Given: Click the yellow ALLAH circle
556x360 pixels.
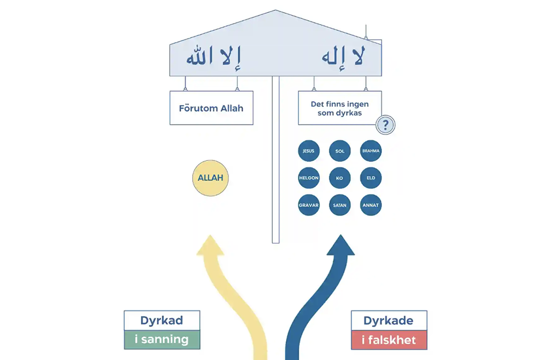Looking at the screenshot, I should pyautogui.click(x=211, y=178).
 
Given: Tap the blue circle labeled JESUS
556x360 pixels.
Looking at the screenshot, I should pyautogui.click(x=309, y=151).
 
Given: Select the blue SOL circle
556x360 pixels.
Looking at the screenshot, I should pyautogui.click(x=340, y=151).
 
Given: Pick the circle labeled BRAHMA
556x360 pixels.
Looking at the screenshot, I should pyautogui.click(x=371, y=151).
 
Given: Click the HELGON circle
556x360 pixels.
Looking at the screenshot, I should pyautogui.click(x=309, y=178).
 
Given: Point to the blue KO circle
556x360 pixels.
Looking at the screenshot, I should pyautogui.click(x=340, y=178).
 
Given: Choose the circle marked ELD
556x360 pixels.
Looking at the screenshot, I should pyautogui.click(x=371, y=178).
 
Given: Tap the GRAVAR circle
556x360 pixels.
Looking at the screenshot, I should pyautogui.click(x=309, y=205).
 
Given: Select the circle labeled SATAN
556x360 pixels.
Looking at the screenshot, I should pyautogui.click(x=340, y=205).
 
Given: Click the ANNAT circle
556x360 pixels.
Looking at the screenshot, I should pyautogui.click(x=371, y=205).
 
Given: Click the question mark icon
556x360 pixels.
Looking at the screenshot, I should pyautogui.click(x=386, y=125).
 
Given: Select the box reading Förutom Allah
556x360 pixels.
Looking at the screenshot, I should pyautogui.click(x=211, y=108).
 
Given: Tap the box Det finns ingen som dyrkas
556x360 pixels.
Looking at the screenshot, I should pyautogui.click(x=339, y=108).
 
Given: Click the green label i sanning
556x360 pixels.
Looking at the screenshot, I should pyautogui.click(x=162, y=339).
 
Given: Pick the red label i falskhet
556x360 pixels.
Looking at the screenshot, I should pyautogui.click(x=389, y=340).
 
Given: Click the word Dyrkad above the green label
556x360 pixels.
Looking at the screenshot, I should pyautogui.click(x=162, y=320).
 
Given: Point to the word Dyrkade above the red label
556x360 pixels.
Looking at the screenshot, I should pyautogui.click(x=389, y=321).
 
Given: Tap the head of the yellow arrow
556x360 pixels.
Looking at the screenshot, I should pyautogui.click(x=211, y=246).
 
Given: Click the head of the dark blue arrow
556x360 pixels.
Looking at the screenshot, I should pyautogui.click(x=340, y=246).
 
